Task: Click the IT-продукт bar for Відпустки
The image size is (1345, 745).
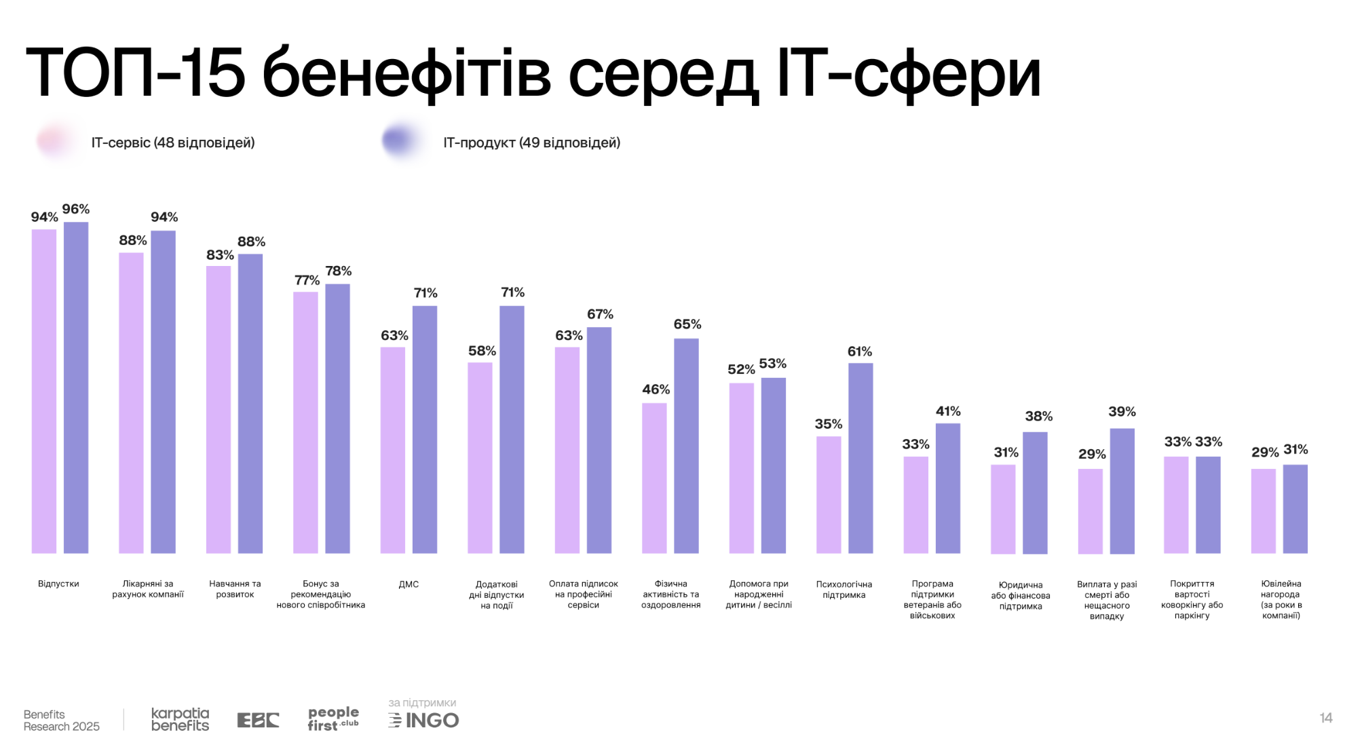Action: pos(76,387)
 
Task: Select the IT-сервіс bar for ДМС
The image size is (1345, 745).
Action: pos(392,450)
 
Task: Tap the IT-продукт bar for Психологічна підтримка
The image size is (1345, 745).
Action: pos(860,458)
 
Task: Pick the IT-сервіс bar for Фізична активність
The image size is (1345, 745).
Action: pos(654,478)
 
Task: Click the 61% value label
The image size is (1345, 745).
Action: pos(860,351)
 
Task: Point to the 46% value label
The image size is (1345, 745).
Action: pos(656,389)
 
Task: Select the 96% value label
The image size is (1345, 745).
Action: pos(76,209)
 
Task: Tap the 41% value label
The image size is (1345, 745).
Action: pos(948,411)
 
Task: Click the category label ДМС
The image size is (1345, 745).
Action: pos(409,584)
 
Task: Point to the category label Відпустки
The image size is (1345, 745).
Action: pos(58,584)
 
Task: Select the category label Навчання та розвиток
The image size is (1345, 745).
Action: pos(235,589)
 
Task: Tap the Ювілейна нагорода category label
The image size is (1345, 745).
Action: pos(1281,600)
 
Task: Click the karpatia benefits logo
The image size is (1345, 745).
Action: pos(180,719)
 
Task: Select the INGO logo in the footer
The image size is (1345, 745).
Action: pos(424,720)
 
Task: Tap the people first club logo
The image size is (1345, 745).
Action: pos(333,719)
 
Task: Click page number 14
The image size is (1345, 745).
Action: pos(1326,718)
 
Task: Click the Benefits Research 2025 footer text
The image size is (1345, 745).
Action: pos(61,721)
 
